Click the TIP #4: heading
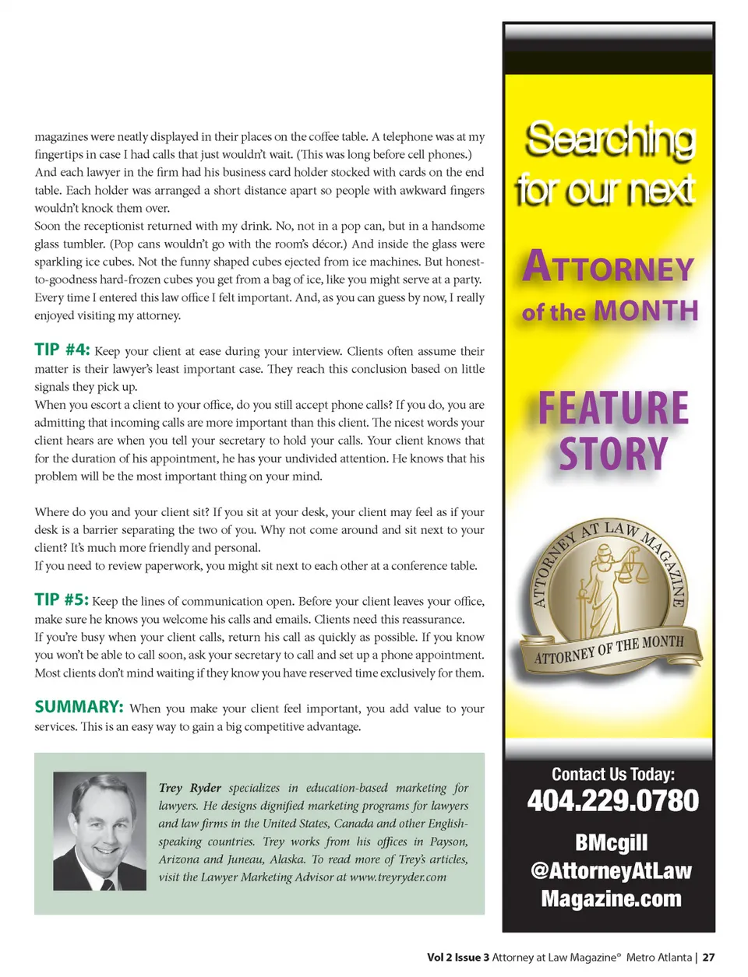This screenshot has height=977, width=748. [x=62, y=350]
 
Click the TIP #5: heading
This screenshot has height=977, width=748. [x=62, y=599]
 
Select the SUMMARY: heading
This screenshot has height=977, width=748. [x=79, y=707]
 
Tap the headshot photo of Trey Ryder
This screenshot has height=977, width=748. [x=100, y=831]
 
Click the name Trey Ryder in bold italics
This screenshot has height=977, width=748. [x=189, y=788]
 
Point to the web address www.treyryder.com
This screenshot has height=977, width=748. [x=397, y=877]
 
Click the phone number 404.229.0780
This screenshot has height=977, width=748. [x=612, y=801]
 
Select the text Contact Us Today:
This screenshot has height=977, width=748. [x=613, y=774]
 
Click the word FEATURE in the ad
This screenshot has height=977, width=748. [x=613, y=409]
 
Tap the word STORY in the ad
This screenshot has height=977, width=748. [x=613, y=455]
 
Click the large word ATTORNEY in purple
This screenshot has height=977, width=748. [x=609, y=268]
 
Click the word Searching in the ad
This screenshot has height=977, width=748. [x=610, y=139]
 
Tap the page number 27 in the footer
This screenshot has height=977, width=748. [x=708, y=958]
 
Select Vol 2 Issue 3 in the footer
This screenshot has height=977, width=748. [x=458, y=958]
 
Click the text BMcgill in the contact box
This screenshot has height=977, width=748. [x=612, y=843]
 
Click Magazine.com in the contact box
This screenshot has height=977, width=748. [x=612, y=899]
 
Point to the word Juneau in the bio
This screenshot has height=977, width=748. [x=248, y=859]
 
